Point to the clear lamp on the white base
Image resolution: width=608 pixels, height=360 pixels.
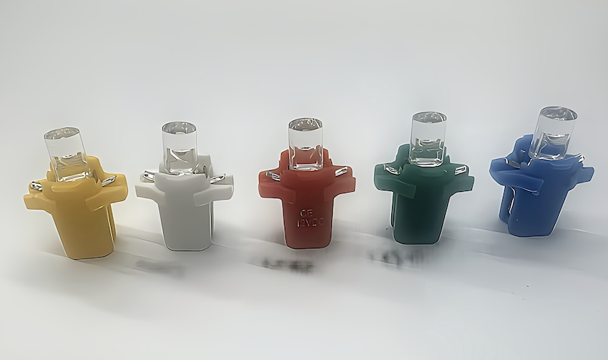180,147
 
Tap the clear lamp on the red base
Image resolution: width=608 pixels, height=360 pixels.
305,143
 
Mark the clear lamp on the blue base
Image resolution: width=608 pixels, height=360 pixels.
553,132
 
